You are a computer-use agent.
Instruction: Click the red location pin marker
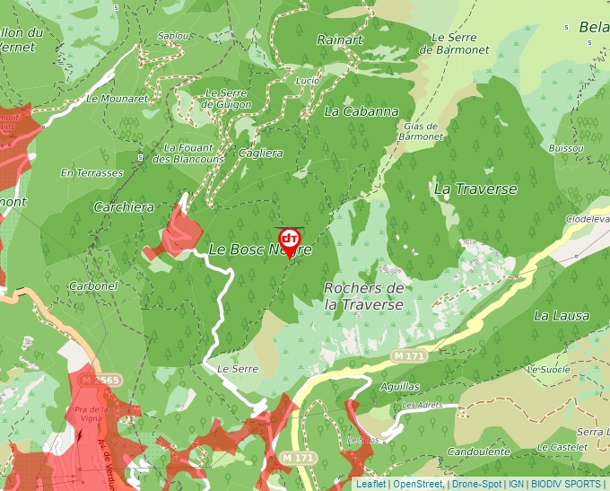(x=290, y=241)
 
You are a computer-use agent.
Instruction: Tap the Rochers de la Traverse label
(x=363, y=296)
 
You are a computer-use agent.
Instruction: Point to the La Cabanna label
(x=362, y=111)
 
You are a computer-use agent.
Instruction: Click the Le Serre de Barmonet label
(x=460, y=43)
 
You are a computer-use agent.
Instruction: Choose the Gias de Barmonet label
(x=420, y=132)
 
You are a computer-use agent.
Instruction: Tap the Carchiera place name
(x=124, y=206)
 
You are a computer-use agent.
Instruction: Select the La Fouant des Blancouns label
(x=188, y=153)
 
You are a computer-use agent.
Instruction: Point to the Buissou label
(x=565, y=146)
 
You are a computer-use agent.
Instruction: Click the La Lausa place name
(x=562, y=315)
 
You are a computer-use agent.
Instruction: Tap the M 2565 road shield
(x=100, y=381)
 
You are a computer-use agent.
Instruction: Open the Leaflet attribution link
(x=370, y=484)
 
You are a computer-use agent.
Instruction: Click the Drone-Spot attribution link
(x=476, y=484)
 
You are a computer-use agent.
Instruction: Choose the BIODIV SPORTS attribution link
(x=567, y=484)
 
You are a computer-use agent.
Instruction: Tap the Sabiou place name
(x=173, y=36)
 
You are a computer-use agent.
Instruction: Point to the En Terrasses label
(x=91, y=171)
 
